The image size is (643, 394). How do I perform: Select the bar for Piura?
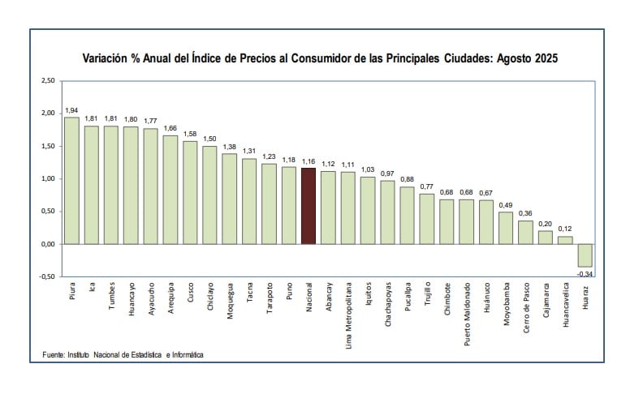click(71, 181)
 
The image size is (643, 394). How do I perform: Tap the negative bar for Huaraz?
click(585, 255)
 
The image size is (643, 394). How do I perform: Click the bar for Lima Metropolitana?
click(348, 208)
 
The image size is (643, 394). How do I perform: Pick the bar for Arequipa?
click(170, 190)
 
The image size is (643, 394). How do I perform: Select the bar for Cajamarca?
click(546, 237)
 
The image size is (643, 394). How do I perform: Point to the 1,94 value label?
click(71, 110)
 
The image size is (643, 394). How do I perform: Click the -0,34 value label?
click(585, 273)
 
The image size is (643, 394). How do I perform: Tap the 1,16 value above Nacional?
click(309, 161)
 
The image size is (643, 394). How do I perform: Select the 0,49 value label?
click(506, 205)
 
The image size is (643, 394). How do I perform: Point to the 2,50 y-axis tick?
click(47, 81)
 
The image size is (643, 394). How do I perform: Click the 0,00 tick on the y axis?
click(47, 244)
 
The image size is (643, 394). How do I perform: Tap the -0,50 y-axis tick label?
click(47, 276)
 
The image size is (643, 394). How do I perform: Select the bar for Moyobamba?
click(506, 228)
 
